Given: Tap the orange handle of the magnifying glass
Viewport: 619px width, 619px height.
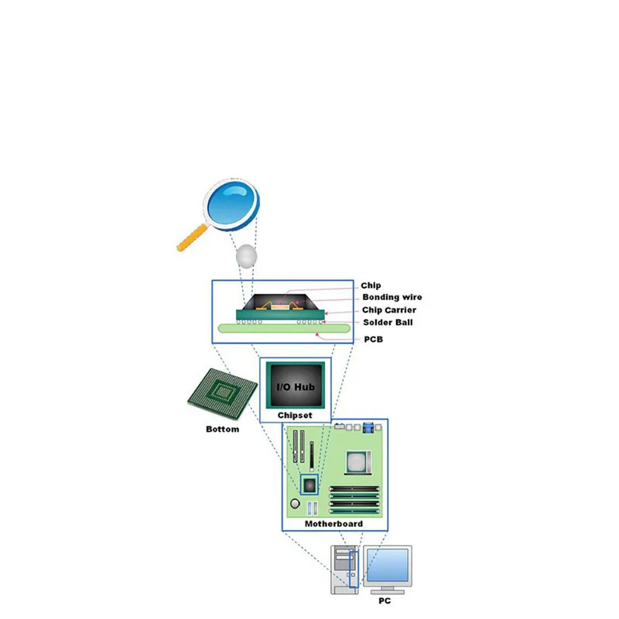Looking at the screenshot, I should (x=191, y=238).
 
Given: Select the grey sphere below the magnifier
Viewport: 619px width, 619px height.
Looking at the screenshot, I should (x=245, y=255).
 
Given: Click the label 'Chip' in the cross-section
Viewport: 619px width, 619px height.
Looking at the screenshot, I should (x=371, y=286).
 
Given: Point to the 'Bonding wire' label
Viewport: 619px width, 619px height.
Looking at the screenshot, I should (x=392, y=298).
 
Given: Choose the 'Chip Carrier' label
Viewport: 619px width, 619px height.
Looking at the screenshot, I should (x=390, y=310).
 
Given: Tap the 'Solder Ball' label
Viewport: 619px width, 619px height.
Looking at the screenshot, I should (x=388, y=323).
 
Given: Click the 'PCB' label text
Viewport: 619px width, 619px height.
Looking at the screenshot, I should (x=374, y=339).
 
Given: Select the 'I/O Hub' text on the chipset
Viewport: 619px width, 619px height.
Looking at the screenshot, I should (x=295, y=385).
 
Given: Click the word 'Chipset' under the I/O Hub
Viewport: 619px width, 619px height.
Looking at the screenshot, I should (x=295, y=416).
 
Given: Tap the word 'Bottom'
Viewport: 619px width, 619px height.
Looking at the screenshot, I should (x=222, y=429).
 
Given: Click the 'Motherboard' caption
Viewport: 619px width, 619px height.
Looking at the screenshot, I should (x=333, y=524).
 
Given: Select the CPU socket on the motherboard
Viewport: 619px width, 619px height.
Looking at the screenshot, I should (x=356, y=462).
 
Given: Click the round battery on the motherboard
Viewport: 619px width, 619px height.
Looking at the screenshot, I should (x=295, y=504).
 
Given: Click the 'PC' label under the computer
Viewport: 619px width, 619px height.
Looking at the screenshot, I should (x=385, y=600).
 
